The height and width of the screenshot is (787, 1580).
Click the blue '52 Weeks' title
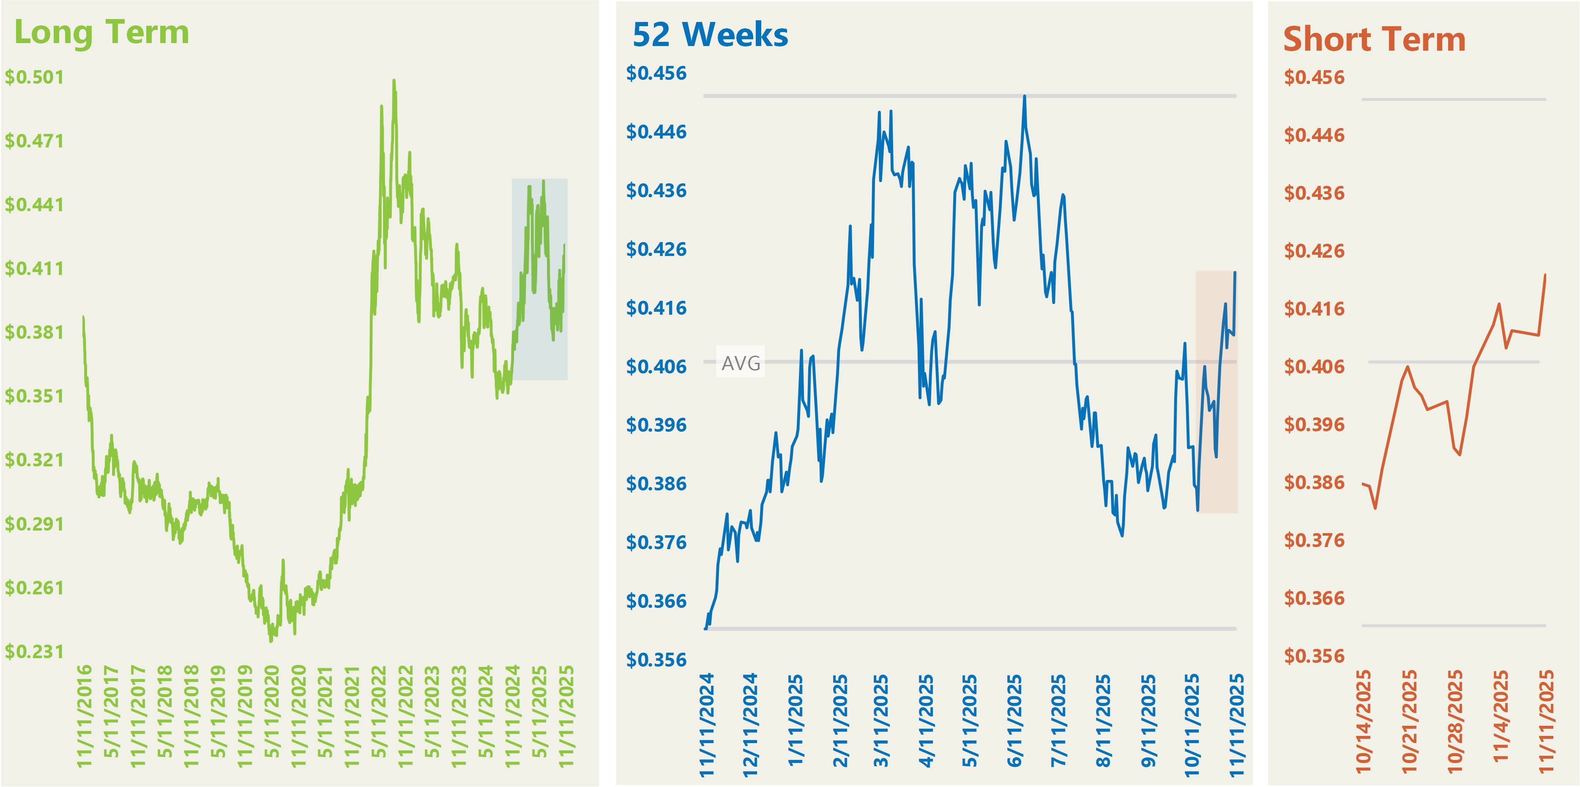(x=710, y=35)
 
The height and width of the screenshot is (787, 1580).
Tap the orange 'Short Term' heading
(x=1374, y=40)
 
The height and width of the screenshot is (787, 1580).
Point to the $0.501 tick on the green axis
(x=34, y=77)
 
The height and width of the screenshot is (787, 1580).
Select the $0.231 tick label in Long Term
(x=34, y=651)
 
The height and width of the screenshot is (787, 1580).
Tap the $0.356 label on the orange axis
(x=1314, y=656)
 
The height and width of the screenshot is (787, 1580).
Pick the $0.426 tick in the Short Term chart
(x=1314, y=251)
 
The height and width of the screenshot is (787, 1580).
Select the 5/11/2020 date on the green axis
(x=272, y=711)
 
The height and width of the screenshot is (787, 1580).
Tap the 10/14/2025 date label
(x=1363, y=720)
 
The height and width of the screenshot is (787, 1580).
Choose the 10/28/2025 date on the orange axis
(x=1455, y=720)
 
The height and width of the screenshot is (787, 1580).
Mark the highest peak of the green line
(x=394, y=80)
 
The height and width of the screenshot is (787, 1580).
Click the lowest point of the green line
(x=271, y=641)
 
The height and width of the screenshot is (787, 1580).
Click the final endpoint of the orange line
(x=1545, y=275)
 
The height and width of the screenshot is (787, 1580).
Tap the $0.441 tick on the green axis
(x=34, y=205)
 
